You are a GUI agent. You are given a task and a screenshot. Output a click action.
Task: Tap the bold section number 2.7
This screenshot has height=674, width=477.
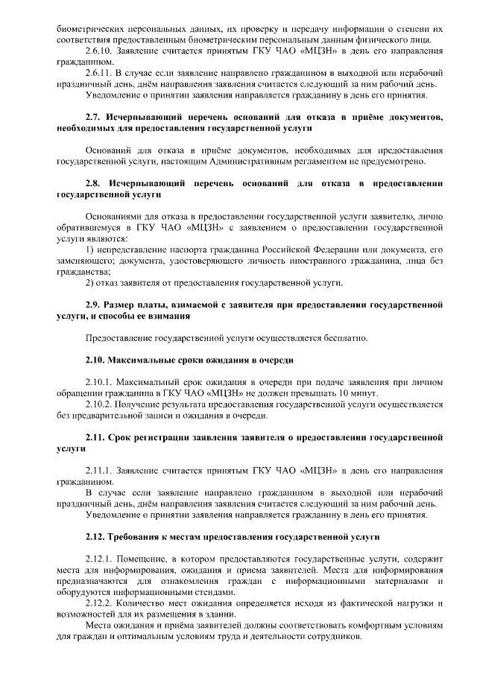94,118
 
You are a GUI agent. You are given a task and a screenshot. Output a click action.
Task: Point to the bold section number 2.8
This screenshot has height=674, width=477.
94,183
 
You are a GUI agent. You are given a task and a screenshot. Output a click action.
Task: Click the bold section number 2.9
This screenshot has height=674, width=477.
94,305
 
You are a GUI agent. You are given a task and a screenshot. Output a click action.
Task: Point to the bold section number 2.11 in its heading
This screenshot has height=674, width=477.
97,436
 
